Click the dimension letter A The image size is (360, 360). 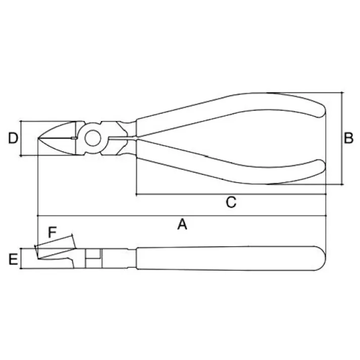pyautogui.click(x=182, y=224)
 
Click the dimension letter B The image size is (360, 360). pyautogui.click(x=348, y=138)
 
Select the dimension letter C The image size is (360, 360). pyautogui.click(x=230, y=202)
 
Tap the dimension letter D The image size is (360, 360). pyautogui.click(x=13, y=138)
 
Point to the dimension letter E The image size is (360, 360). pyautogui.click(x=13, y=260)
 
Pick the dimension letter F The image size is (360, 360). pyautogui.click(x=52, y=232)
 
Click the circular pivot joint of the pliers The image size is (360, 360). pyautogui.click(x=92, y=138)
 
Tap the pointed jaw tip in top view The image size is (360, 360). pyautogui.click(x=39, y=138)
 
